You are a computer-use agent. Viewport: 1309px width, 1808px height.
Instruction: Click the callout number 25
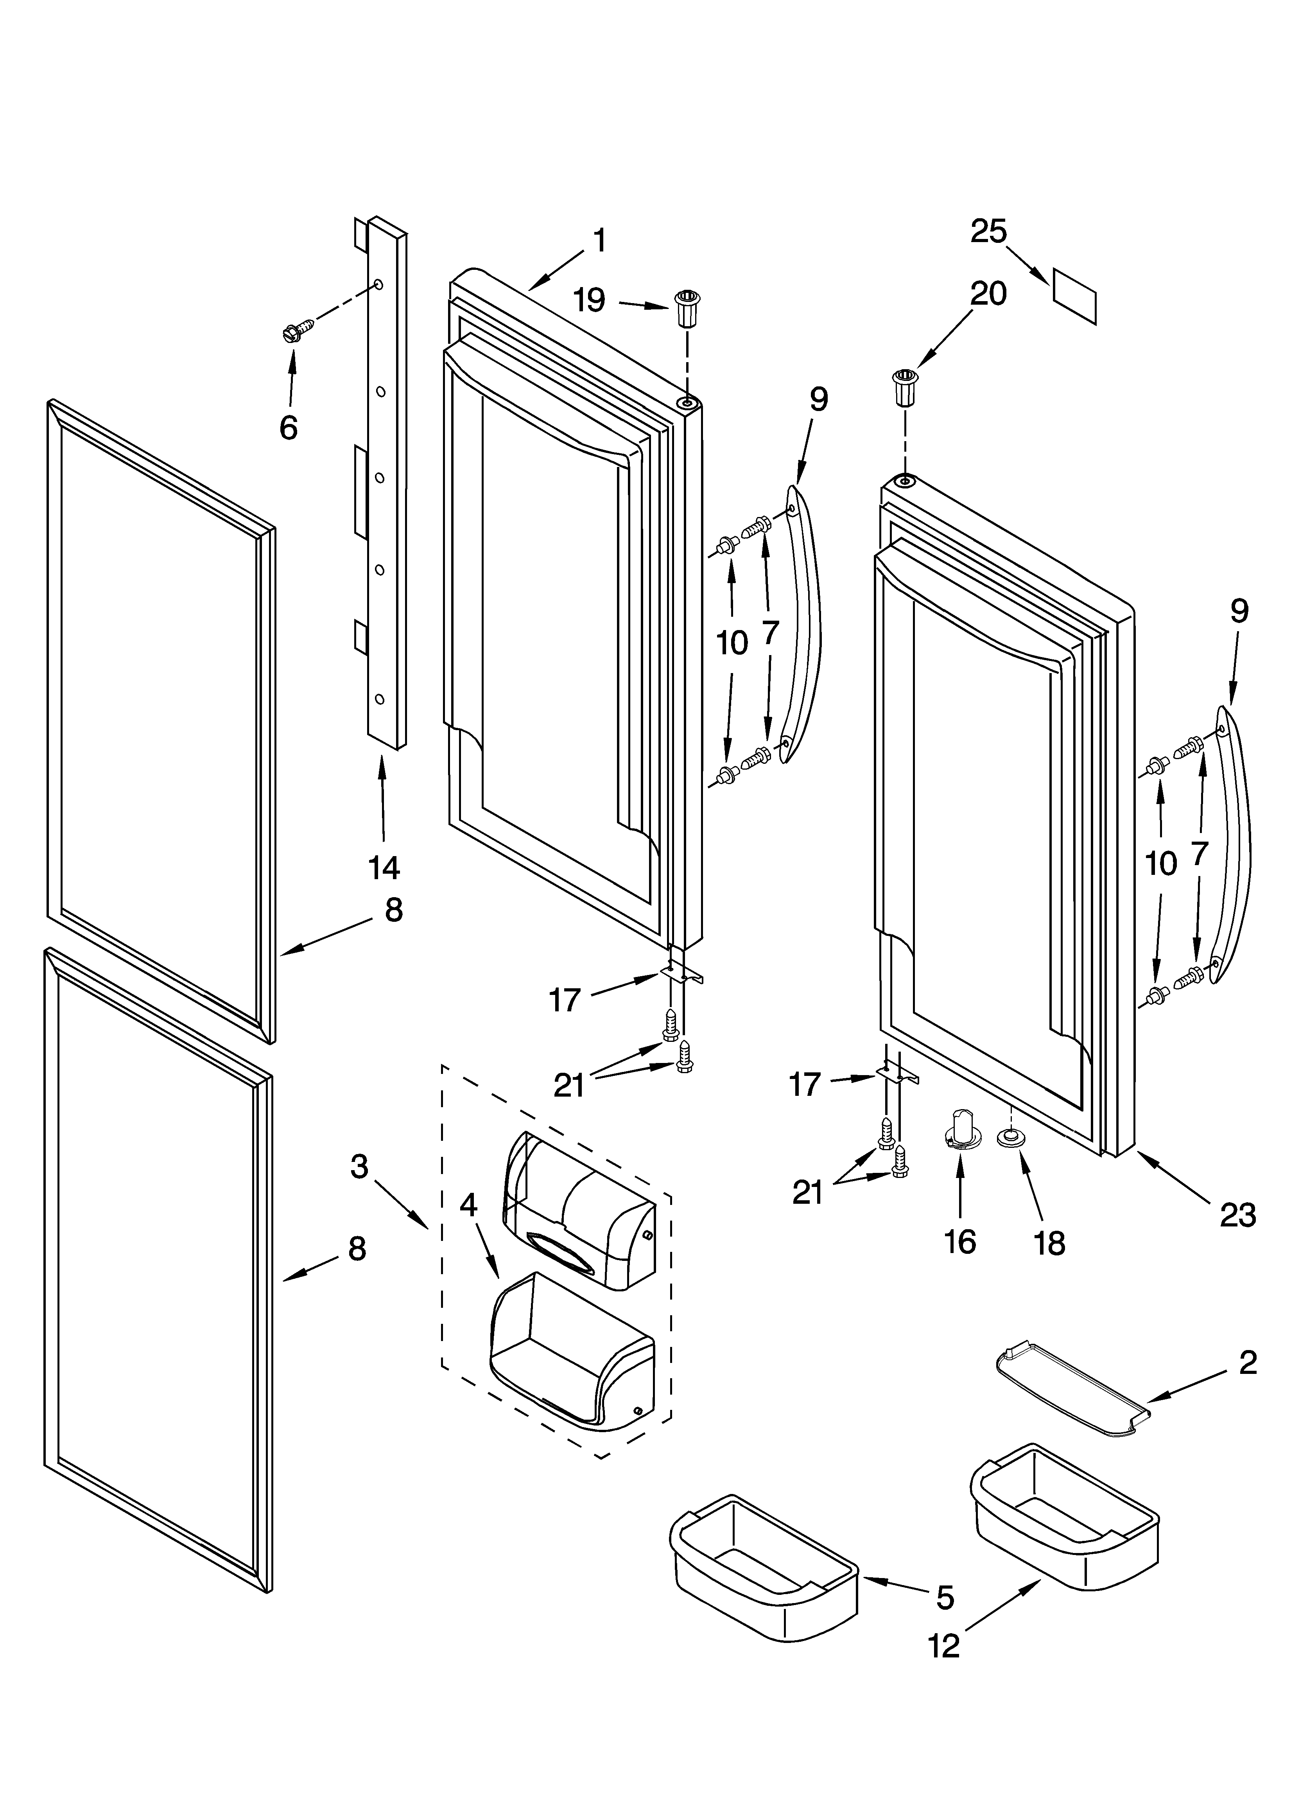point(988,231)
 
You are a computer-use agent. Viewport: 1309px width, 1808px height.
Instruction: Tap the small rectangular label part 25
point(1075,296)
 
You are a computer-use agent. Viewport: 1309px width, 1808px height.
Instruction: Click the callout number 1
point(599,240)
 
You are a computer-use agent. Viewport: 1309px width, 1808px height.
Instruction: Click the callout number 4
point(469,1205)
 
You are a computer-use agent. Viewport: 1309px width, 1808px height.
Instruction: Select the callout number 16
point(960,1241)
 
